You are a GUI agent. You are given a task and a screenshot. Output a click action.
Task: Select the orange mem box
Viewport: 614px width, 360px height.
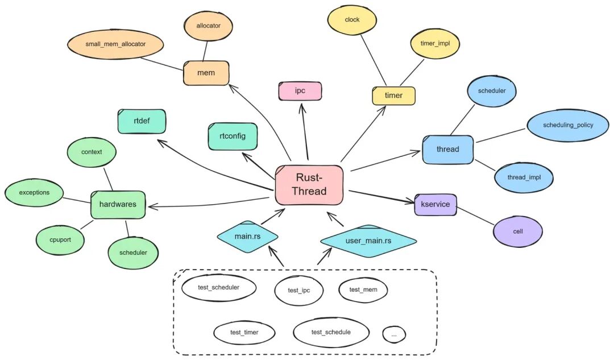206,73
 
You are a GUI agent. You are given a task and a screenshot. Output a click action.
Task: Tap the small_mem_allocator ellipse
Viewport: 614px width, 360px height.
115,44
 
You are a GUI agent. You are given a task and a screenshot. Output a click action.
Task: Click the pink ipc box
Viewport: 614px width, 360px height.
300,91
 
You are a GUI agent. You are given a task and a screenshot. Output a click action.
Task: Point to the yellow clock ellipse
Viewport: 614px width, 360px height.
352,20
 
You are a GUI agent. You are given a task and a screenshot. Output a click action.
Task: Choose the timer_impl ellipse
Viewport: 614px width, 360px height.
435,43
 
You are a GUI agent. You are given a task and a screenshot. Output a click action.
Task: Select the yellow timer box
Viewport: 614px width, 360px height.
393,96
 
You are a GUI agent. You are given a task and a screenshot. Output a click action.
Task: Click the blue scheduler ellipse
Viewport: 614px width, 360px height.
488,90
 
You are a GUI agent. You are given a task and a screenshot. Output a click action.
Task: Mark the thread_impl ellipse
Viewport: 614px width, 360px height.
524,177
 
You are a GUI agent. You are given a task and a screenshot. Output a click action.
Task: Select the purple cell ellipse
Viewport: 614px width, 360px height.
517,232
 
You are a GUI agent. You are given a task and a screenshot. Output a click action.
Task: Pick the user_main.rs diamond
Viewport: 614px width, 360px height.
368,241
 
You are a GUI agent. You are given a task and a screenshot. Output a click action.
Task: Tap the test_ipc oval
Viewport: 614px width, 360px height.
299,291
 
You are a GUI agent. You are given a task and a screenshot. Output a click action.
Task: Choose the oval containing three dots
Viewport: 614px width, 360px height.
394,334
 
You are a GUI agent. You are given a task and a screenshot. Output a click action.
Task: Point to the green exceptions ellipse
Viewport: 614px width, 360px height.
34,193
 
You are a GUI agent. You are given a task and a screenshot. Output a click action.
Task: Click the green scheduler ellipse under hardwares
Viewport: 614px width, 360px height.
134,253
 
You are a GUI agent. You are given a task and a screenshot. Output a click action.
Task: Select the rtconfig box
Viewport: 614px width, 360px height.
233,136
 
